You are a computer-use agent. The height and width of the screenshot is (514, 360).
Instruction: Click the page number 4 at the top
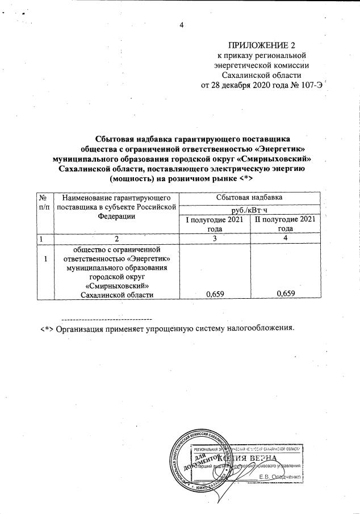[x=181, y=24]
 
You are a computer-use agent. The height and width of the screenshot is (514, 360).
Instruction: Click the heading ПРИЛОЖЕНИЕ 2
[x=262, y=45]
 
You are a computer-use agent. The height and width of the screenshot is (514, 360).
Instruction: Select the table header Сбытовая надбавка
[x=249, y=198]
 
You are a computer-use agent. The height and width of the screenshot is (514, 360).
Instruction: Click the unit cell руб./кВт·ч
[x=249, y=209]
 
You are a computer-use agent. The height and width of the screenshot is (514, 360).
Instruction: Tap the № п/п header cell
[x=43, y=203]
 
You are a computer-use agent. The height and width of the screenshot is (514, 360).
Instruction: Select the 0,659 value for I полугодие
[x=213, y=293]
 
